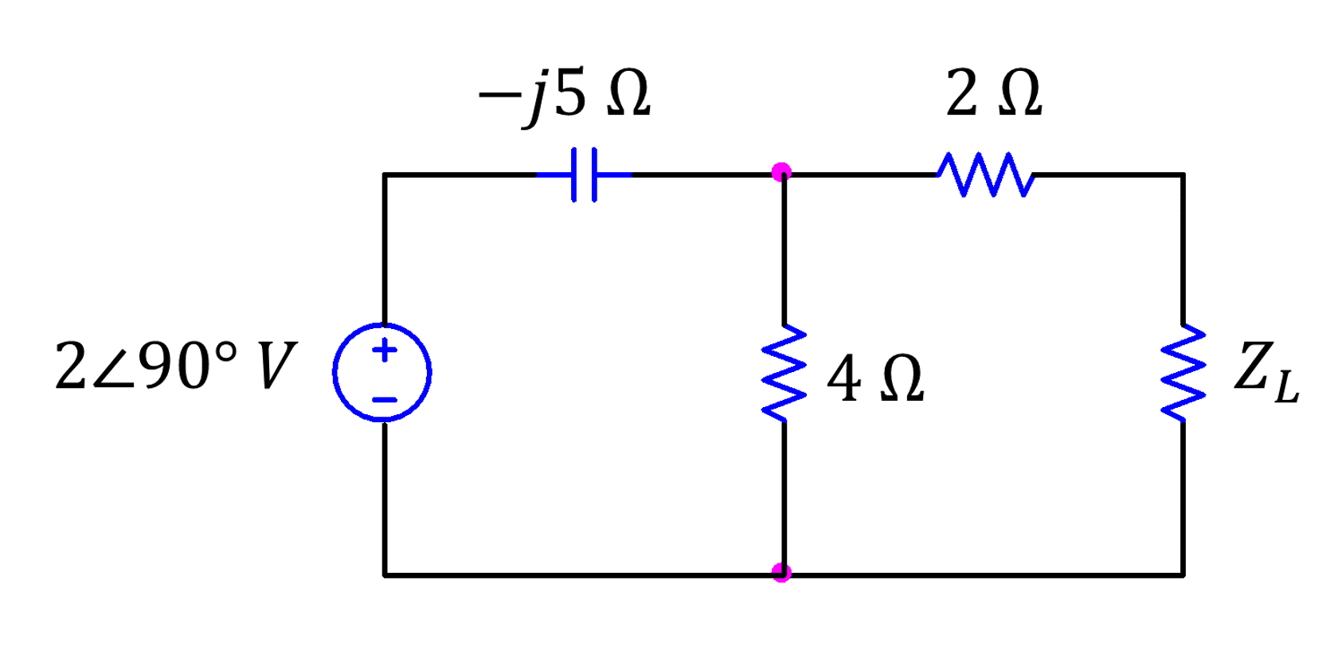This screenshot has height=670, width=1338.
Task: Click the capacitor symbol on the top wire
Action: (x=584, y=174)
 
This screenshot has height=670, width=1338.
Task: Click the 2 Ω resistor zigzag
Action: (x=986, y=174)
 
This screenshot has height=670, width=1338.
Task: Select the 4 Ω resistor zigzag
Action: (x=784, y=373)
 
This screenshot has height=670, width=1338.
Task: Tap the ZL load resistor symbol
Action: (x=1183, y=373)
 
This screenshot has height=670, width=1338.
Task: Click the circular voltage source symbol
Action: (x=382, y=372)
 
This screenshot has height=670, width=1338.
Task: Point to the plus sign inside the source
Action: (x=385, y=350)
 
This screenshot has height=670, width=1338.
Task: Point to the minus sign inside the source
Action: (x=385, y=400)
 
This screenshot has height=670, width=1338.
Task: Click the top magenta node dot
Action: (x=781, y=171)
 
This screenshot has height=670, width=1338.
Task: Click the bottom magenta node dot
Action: (x=781, y=573)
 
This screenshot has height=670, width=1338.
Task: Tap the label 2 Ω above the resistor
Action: (x=993, y=93)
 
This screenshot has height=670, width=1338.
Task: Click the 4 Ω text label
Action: (x=875, y=378)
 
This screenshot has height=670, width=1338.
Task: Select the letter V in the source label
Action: (x=276, y=366)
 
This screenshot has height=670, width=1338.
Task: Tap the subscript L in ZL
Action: (x=1286, y=387)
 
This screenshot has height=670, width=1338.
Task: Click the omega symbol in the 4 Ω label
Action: (x=902, y=379)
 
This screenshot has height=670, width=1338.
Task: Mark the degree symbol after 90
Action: (x=226, y=351)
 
